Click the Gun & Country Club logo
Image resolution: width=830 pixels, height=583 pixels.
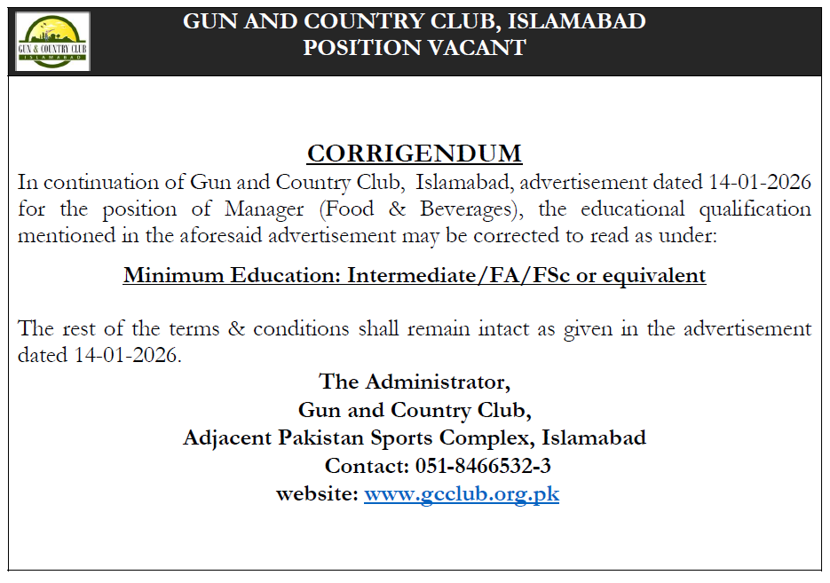(53, 41)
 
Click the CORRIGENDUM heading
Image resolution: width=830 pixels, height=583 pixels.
(415, 154)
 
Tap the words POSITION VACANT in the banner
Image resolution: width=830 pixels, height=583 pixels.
(415, 48)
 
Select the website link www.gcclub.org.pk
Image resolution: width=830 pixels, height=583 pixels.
(462, 494)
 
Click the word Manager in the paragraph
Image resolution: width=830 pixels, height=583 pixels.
(265, 210)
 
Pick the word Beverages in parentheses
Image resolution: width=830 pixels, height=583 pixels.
(463, 210)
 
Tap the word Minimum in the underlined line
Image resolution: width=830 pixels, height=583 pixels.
(165, 276)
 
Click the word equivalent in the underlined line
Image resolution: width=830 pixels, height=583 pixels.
(654, 276)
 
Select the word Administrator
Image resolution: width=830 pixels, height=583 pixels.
(438, 382)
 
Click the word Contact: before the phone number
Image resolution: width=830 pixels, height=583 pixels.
(366, 466)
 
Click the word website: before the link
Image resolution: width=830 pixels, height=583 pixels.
(317, 494)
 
